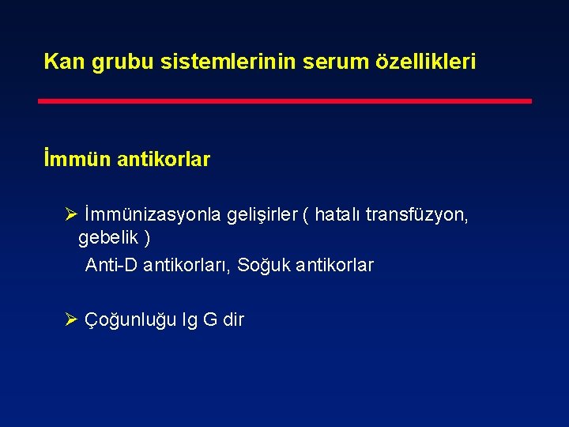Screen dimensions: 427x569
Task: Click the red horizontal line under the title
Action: [285, 101]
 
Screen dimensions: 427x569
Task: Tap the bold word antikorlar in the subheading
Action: [164, 160]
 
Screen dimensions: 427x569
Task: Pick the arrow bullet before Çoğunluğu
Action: [70, 320]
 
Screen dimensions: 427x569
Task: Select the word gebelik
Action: [107, 238]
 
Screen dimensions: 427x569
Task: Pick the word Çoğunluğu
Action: [131, 320]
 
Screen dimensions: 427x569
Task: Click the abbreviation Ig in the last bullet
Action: [190, 320]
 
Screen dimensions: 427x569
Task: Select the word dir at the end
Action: [233, 320]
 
